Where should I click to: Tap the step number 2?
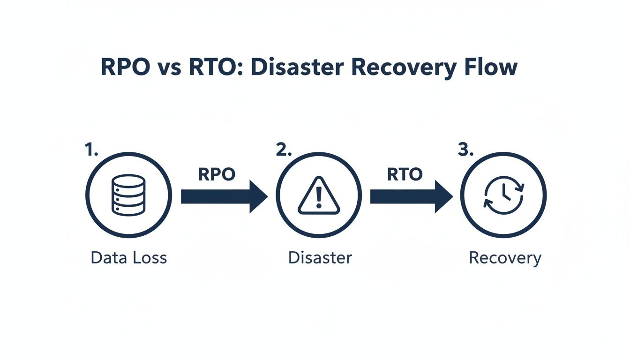tap(283, 150)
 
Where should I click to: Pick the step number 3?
tap(465, 150)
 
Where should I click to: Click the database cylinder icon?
tap(128, 195)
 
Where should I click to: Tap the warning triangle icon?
tap(319, 196)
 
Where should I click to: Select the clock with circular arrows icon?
tap(503, 195)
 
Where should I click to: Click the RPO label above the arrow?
tap(216, 174)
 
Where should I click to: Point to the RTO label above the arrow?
tap(405, 174)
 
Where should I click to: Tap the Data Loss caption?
tap(128, 257)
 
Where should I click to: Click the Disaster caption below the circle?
tap(320, 257)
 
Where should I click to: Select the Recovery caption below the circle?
tap(505, 258)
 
